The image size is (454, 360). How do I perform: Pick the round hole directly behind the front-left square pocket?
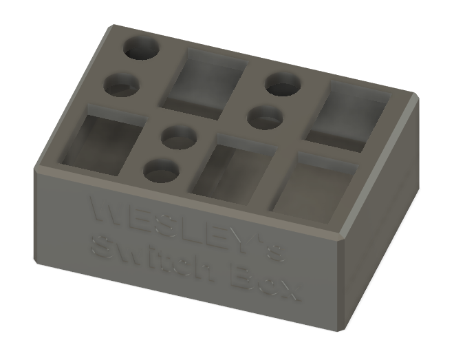pyautogui.click(x=122, y=85)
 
